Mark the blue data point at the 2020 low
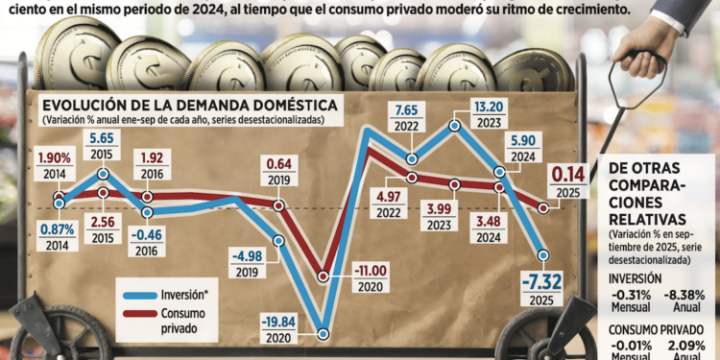click(324, 334)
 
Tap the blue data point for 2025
click(543, 255)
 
